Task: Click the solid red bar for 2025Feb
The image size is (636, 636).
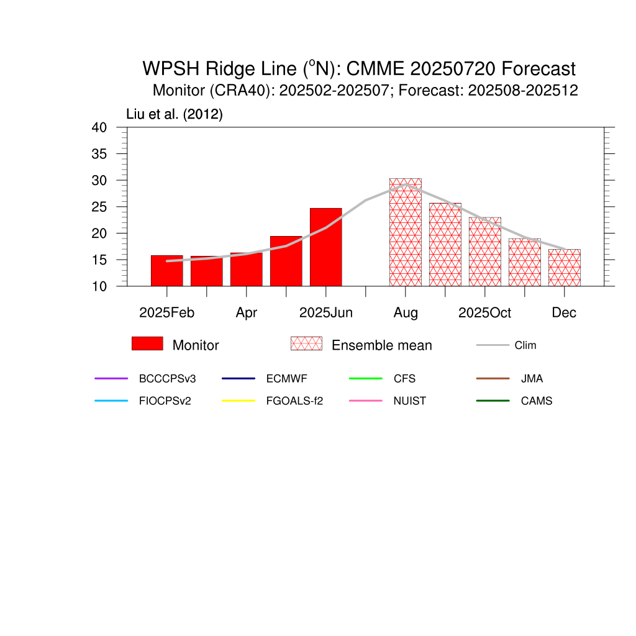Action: coord(166,271)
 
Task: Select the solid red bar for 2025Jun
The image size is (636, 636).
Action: coord(325,247)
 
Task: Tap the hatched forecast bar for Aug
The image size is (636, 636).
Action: coord(405,232)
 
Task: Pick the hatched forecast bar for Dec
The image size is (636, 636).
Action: coord(564,268)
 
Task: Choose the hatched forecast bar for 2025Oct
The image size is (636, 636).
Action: coord(484,252)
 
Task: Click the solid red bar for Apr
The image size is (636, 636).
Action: coord(246,270)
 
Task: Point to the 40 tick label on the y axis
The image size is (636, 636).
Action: coord(99,127)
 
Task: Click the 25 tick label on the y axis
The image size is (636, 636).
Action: coord(99,207)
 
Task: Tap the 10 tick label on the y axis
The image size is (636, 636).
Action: coord(99,286)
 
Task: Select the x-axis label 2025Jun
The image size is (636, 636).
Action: coord(325,313)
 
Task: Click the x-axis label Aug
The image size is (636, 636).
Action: coord(405,313)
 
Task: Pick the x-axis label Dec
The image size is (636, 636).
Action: coord(564,313)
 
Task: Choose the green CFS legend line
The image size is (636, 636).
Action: coord(365,378)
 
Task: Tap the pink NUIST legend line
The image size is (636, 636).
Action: coord(365,401)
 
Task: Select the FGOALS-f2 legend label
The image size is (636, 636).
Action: coord(294,401)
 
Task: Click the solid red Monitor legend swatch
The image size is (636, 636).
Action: coord(147,343)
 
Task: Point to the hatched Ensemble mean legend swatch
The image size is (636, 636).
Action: coord(306,343)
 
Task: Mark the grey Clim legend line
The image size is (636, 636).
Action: coord(493,345)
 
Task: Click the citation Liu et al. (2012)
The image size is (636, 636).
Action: coord(175,114)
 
